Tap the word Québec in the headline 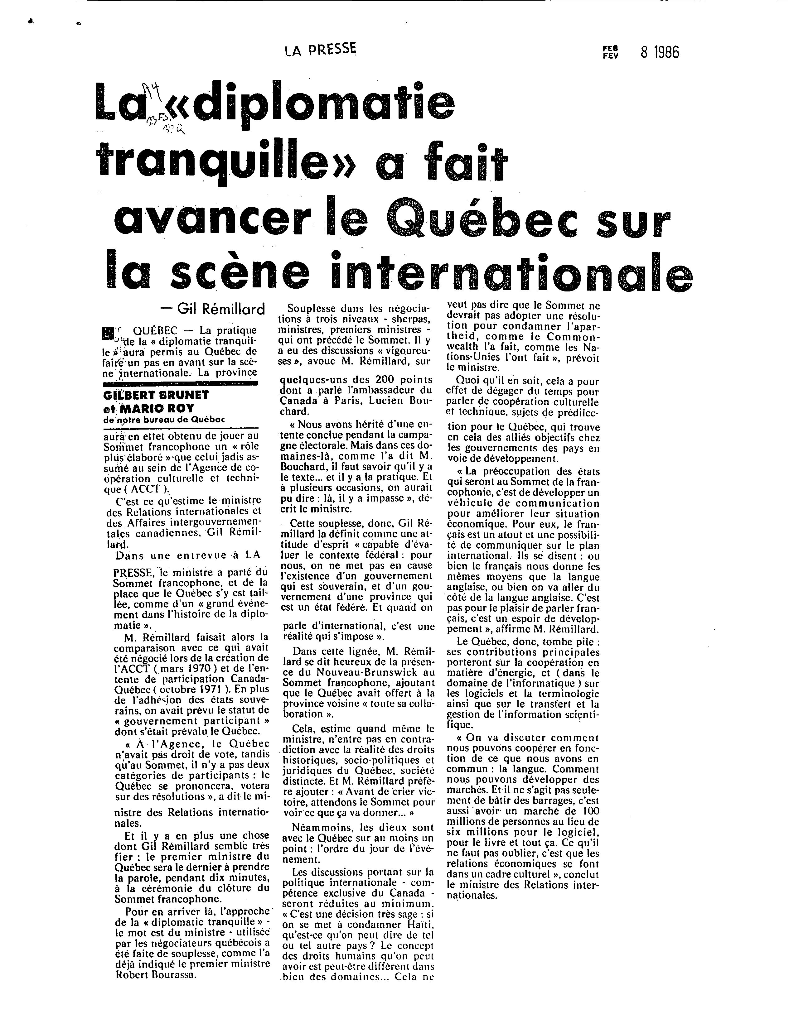click(471, 220)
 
